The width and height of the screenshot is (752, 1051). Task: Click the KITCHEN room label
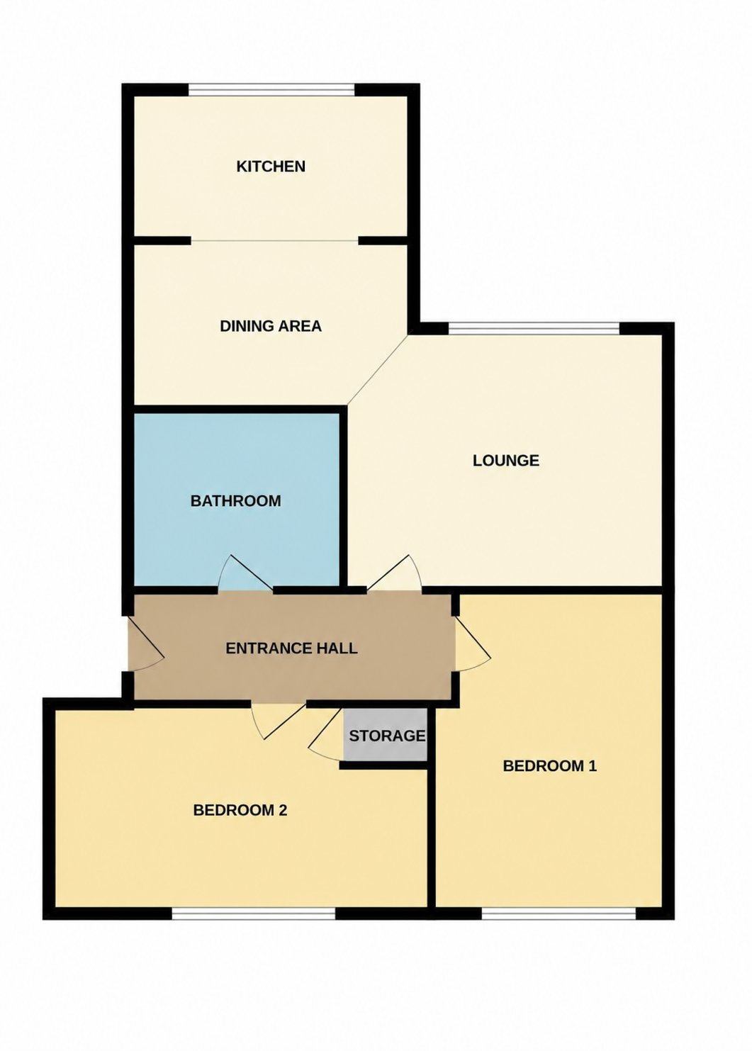pyautogui.click(x=271, y=166)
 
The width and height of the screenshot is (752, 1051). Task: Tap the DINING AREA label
pyautogui.click(x=271, y=325)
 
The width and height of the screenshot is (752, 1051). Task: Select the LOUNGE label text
pyautogui.click(x=506, y=460)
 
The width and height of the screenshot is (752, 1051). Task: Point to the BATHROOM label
pyautogui.click(x=235, y=501)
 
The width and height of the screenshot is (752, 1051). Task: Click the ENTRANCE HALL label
pyautogui.click(x=291, y=648)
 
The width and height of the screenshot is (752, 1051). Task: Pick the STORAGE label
pyautogui.click(x=387, y=736)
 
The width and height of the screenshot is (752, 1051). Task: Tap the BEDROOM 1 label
pyautogui.click(x=550, y=766)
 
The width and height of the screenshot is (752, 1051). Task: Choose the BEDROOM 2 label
pyautogui.click(x=240, y=810)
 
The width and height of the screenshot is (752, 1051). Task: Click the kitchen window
pyautogui.click(x=271, y=89)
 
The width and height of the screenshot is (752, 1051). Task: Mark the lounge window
pyautogui.click(x=534, y=328)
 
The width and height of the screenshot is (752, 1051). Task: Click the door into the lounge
pyautogui.click(x=394, y=573)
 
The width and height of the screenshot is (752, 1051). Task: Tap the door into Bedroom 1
pyautogui.click(x=472, y=643)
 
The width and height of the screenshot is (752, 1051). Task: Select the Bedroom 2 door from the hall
pyautogui.click(x=278, y=722)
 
